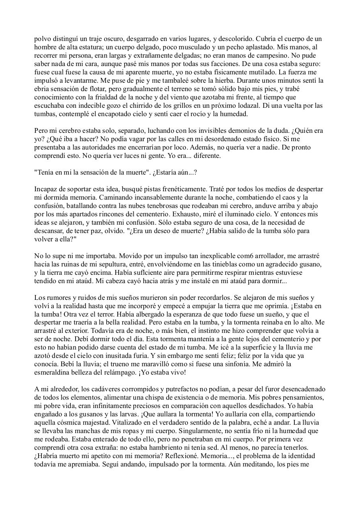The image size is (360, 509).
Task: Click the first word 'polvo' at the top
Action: pos(42,39)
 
